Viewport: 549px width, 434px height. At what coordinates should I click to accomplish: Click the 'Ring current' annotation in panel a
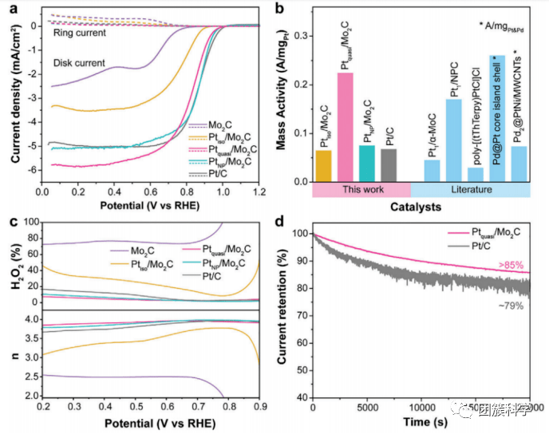click(80, 33)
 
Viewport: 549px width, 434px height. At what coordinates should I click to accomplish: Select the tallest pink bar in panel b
click(345, 128)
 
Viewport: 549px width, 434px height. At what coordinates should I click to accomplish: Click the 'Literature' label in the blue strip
click(471, 190)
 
